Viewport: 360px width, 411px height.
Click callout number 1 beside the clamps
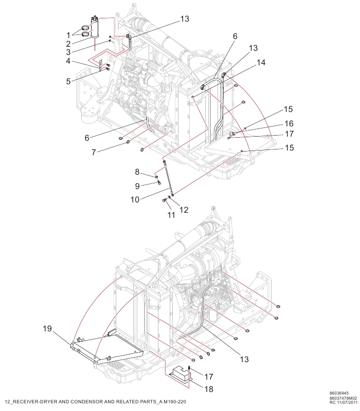tap(68, 34)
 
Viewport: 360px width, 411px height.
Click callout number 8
tap(137, 171)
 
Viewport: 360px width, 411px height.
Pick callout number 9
tap(137, 185)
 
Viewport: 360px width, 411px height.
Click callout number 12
tap(184, 210)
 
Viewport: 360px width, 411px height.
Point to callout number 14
tap(262, 63)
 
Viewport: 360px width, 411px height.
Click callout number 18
tap(208, 389)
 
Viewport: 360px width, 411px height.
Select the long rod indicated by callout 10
tap(168, 178)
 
